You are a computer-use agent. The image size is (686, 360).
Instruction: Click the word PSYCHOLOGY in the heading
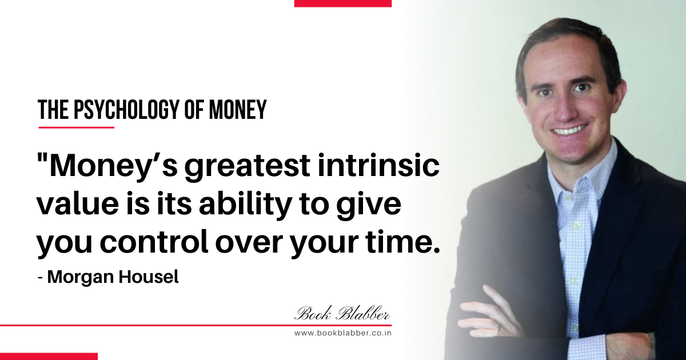coord(126,110)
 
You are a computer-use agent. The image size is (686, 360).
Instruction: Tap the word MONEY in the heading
coord(238,110)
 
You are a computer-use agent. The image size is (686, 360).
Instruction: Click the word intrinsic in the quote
coord(378,166)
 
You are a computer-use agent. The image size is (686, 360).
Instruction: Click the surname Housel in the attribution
coord(149,277)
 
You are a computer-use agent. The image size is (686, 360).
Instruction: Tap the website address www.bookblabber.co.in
coord(342,333)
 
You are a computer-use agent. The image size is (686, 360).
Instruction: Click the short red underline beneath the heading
coord(76,127)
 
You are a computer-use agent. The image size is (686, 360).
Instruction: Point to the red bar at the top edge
coord(342,3)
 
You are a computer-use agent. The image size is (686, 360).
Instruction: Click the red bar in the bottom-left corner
coord(49,357)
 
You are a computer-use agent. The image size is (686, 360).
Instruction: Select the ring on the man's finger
coord(500,327)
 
